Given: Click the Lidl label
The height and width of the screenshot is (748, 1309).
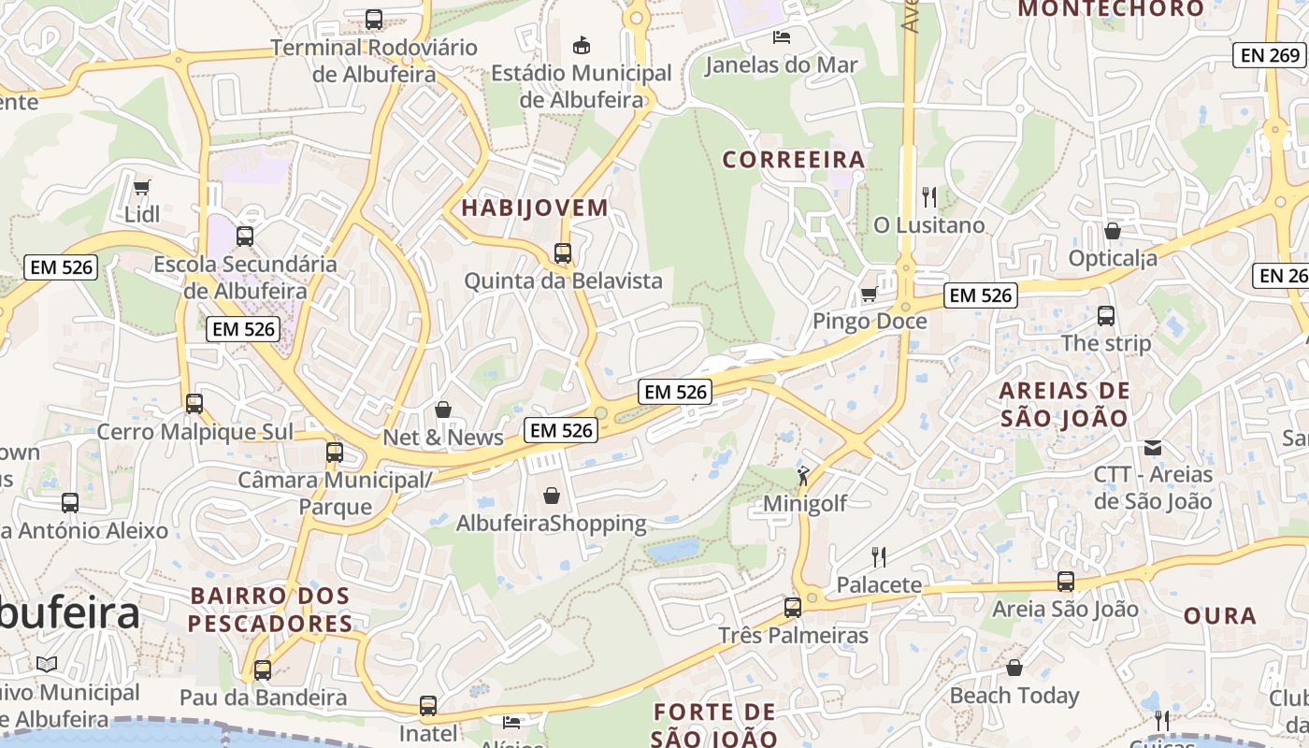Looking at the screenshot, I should [x=142, y=214].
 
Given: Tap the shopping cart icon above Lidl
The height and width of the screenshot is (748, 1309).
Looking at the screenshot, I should [x=142, y=188].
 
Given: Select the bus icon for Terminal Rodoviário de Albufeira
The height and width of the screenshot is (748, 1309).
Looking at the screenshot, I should [x=374, y=19].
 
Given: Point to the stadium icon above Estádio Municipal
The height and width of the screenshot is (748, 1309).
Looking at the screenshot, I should [x=582, y=44].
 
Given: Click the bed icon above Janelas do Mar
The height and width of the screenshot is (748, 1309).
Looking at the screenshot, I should [x=782, y=37].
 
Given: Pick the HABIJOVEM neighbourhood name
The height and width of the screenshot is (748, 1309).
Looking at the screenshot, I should [x=535, y=208].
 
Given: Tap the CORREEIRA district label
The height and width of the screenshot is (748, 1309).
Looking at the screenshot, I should [x=794, y=160].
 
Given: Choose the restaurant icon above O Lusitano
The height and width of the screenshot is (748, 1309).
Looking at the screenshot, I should [x=929, y=197].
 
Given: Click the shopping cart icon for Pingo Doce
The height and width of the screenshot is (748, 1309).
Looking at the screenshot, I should [x=869, y=295].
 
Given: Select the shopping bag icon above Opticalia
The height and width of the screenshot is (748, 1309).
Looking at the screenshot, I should [x=1113, y=230].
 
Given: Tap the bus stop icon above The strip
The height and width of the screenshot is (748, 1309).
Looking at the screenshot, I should [x=1106, y=316].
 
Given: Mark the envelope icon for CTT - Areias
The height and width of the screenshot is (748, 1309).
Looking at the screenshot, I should [x=1153, y=448].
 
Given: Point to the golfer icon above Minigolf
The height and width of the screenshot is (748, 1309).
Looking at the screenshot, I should [x=804, y=477].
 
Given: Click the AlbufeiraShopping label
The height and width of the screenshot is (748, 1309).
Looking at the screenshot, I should [x=551, y=524].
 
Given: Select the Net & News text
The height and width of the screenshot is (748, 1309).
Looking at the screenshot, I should [x=443, y=438].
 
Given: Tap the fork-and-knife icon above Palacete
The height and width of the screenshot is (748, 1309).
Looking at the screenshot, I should [x=879, y=558].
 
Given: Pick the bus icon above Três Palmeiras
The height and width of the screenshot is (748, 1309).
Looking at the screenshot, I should [x=793, y=608].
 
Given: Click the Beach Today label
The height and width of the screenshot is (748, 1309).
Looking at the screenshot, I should [x=1014, y=696].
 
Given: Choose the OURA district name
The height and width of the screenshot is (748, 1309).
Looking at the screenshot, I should [x=1220, y=616].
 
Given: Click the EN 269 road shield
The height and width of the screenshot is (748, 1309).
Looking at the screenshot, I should [x=1271, y=55].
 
